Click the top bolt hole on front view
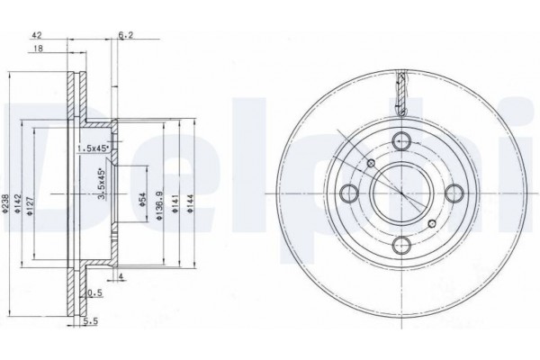point(402,139)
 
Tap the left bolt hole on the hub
point(348,192)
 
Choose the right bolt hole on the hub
point(454,192)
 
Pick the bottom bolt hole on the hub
point(403,245)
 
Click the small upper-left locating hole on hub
point(371,162)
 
